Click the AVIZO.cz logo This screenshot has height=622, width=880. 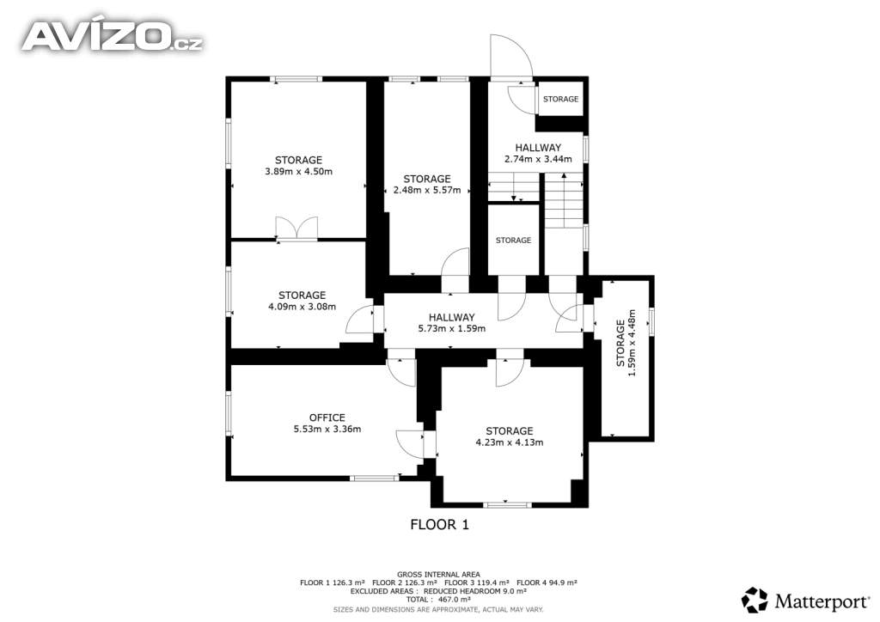[x=113, y=36]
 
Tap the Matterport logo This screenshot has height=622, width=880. [x=805, y=601]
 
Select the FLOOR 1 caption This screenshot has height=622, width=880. [x=439, y=525]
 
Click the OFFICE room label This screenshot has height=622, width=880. [x=327, y=418]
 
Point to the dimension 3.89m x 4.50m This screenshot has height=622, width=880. [x=298, y=172]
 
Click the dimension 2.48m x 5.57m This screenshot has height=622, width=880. [x=427, y=190]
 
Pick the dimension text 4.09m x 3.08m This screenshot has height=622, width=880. [x=302, y=307]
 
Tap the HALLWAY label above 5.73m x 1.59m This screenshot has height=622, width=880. [x=452, y=318]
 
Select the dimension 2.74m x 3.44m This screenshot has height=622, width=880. [x=538, y=159]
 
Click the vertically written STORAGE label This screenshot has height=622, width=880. [x=620, y=344]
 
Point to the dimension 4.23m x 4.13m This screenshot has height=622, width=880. [x=510, y=442]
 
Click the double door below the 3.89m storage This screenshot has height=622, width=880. [x=296, y=229]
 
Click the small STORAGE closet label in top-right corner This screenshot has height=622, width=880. [x=560, y=100]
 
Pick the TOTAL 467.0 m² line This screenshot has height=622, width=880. [x=439, y=600]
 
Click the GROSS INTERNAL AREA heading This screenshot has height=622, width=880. [x=439, y=575]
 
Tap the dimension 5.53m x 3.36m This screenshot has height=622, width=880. [x=327, y=429]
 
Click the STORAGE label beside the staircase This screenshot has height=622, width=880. [x=513, y=241]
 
